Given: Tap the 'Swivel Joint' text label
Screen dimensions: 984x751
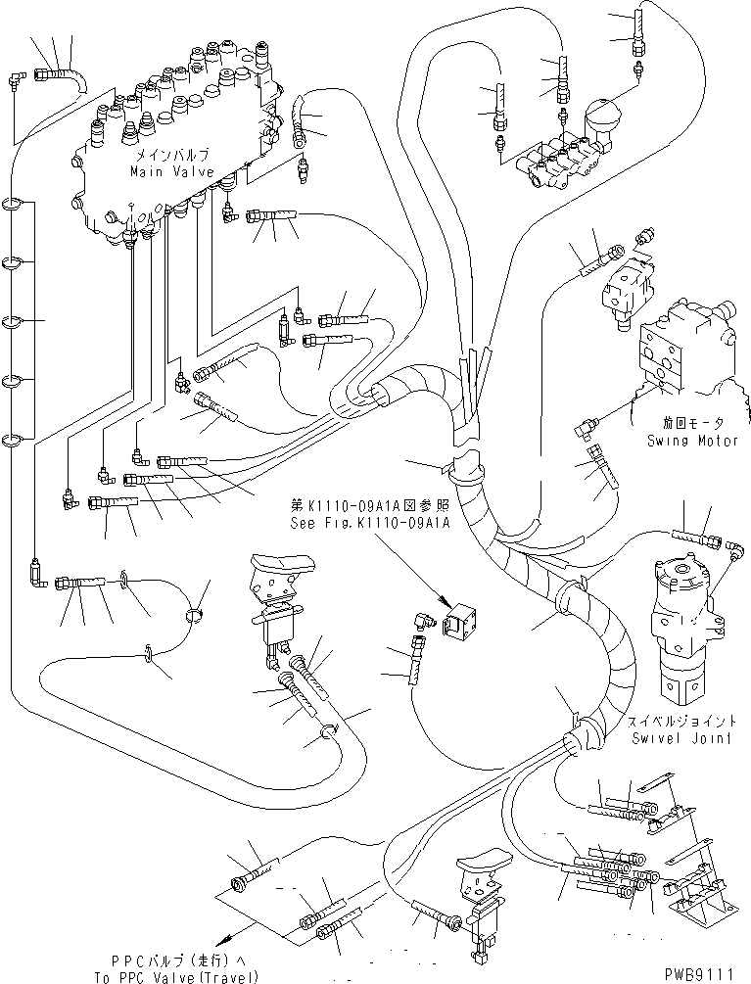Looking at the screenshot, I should click(681, 738).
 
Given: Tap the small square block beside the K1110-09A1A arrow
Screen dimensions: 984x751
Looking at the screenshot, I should click(462, 620).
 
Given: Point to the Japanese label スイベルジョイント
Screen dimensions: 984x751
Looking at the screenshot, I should click(681, 724).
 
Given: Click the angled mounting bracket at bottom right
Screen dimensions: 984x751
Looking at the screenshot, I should click(700, 891).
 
